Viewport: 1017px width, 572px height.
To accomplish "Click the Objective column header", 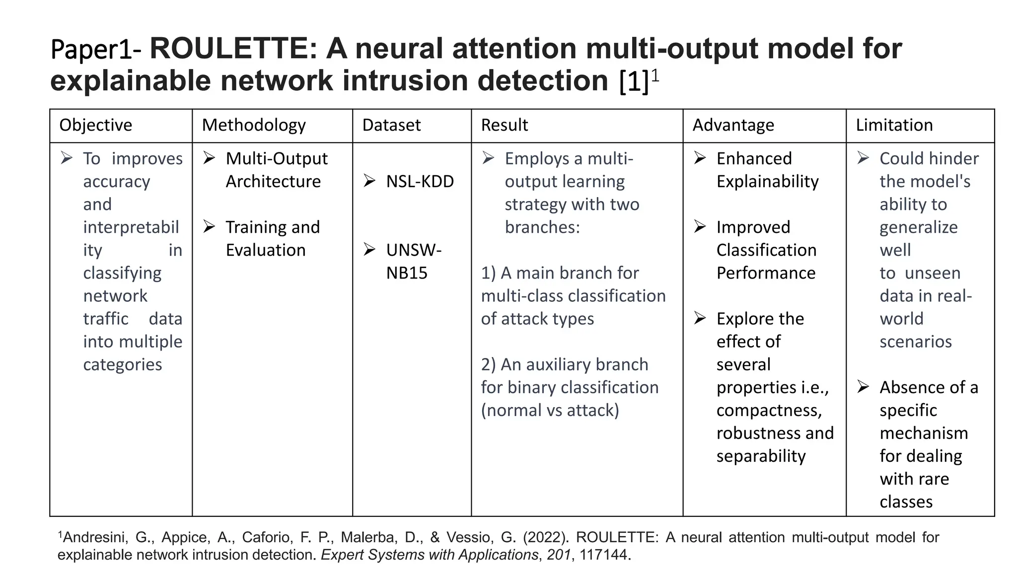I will pyautogui.click(x=95, y=125).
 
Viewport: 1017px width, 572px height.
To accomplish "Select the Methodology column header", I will pyautogui.click(x=253, y=125).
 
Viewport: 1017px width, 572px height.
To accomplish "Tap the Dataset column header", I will pyautogui.click(x=391, y=125).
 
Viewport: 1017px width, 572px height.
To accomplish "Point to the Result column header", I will pyautogui.click(x=504, y=125).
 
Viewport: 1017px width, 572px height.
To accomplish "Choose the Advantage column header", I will pyautogui.click(x=733, y=125).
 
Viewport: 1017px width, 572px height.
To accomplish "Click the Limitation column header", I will pyautogui.click(x=894, y=125).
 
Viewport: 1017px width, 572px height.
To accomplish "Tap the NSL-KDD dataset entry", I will pyautogui.click(x=420, y=182).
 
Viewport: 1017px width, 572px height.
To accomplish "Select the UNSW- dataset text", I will pyautogui.click(x=414, y=250).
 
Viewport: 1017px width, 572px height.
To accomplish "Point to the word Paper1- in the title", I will pyautogui.click(x=96, y=50).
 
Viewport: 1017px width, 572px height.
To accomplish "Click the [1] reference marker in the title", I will pyautogui.click(x=634, y=81).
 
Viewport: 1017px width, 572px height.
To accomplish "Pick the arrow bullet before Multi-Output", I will pyautogui.click(x=209, y=158).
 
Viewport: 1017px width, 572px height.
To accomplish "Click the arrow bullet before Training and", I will pyautogui.click(x=209, y=227).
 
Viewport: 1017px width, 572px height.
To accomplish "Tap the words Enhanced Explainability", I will pyautogui.click(x=767, y=170).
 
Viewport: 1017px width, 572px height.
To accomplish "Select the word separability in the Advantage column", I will pyautogui.click(x=761, y=456).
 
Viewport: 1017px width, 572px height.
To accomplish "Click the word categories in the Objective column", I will pyautogui.click(x=123, y=364).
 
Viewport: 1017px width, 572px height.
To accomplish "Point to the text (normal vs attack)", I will pyautogui.click(x=550, y=410).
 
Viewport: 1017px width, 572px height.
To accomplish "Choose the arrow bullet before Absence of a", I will pyautogui.click(x=863, y=387).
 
